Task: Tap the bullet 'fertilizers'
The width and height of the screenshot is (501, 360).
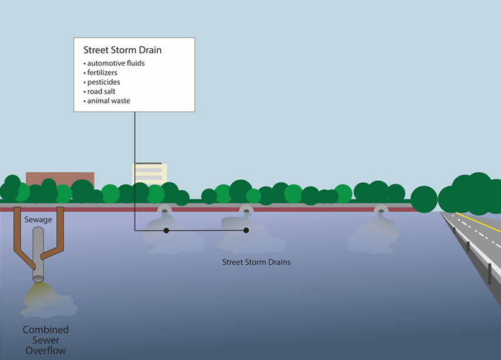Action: click(103, 73)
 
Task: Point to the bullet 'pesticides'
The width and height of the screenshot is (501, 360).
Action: click(103, 82)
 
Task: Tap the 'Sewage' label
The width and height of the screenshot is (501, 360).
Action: click(38, 220)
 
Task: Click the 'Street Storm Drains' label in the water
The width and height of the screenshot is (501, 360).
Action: click(256, 262)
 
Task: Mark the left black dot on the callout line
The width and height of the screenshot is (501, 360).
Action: click(166, 231)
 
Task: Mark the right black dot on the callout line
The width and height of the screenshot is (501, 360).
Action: click(246, 231)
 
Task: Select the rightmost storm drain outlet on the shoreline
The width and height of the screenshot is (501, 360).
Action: click(380, 212)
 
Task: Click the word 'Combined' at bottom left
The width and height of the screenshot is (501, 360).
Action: click(46, 330)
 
